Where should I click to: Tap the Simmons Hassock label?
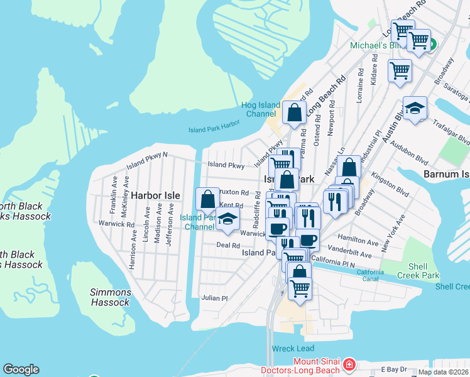111,297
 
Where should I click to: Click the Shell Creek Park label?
418,271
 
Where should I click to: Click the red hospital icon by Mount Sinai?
349,365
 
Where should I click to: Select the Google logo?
21,369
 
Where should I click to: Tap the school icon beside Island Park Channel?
227,219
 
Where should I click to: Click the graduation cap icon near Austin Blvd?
415,109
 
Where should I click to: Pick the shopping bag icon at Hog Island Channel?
294,114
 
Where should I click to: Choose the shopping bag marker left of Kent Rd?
207,200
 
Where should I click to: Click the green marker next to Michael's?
432,46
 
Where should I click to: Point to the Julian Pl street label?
214,298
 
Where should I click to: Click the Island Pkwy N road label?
147,160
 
